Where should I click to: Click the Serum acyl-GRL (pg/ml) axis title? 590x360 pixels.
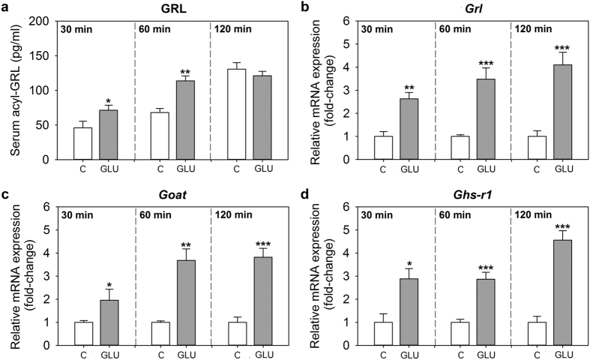(x=14, y=90)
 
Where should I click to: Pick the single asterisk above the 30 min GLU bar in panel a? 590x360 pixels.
(x=108, y=100)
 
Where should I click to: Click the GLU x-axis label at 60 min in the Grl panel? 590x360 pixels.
(x=483, y=169)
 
